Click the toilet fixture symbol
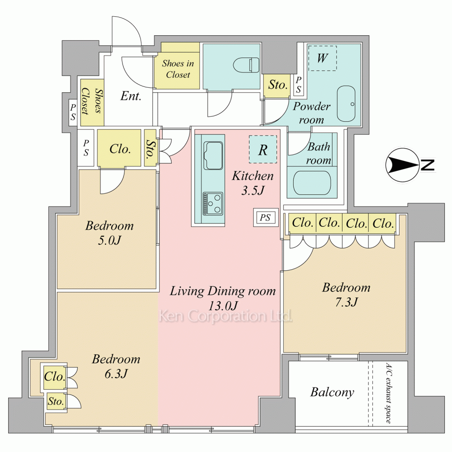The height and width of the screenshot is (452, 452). [246, 65]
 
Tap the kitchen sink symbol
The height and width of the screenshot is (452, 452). [213, 155]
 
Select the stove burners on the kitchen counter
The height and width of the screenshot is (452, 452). [213, 203]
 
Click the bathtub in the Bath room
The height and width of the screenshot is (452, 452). [312, 182]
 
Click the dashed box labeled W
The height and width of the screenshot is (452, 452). [323, 58]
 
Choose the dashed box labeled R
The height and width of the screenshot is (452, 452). [263, 150]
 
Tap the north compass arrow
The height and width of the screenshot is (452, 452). [403, 165]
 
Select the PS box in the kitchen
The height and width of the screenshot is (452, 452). [266, 217]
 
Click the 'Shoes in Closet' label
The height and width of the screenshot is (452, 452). [178, 69]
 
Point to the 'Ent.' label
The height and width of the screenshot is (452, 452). [131, 96]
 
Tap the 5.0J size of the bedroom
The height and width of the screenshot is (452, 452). [109, 240]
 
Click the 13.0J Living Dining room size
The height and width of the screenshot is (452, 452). [223, 305]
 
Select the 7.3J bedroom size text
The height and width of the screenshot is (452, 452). [346, 302]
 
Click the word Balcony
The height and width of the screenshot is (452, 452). [332, 392]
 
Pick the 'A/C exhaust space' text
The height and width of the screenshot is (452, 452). [389, 393]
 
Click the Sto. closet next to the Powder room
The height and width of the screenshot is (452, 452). [277, 85]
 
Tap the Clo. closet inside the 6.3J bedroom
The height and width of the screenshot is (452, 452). [55, 377]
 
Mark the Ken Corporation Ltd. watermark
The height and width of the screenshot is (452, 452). [226, 316]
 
